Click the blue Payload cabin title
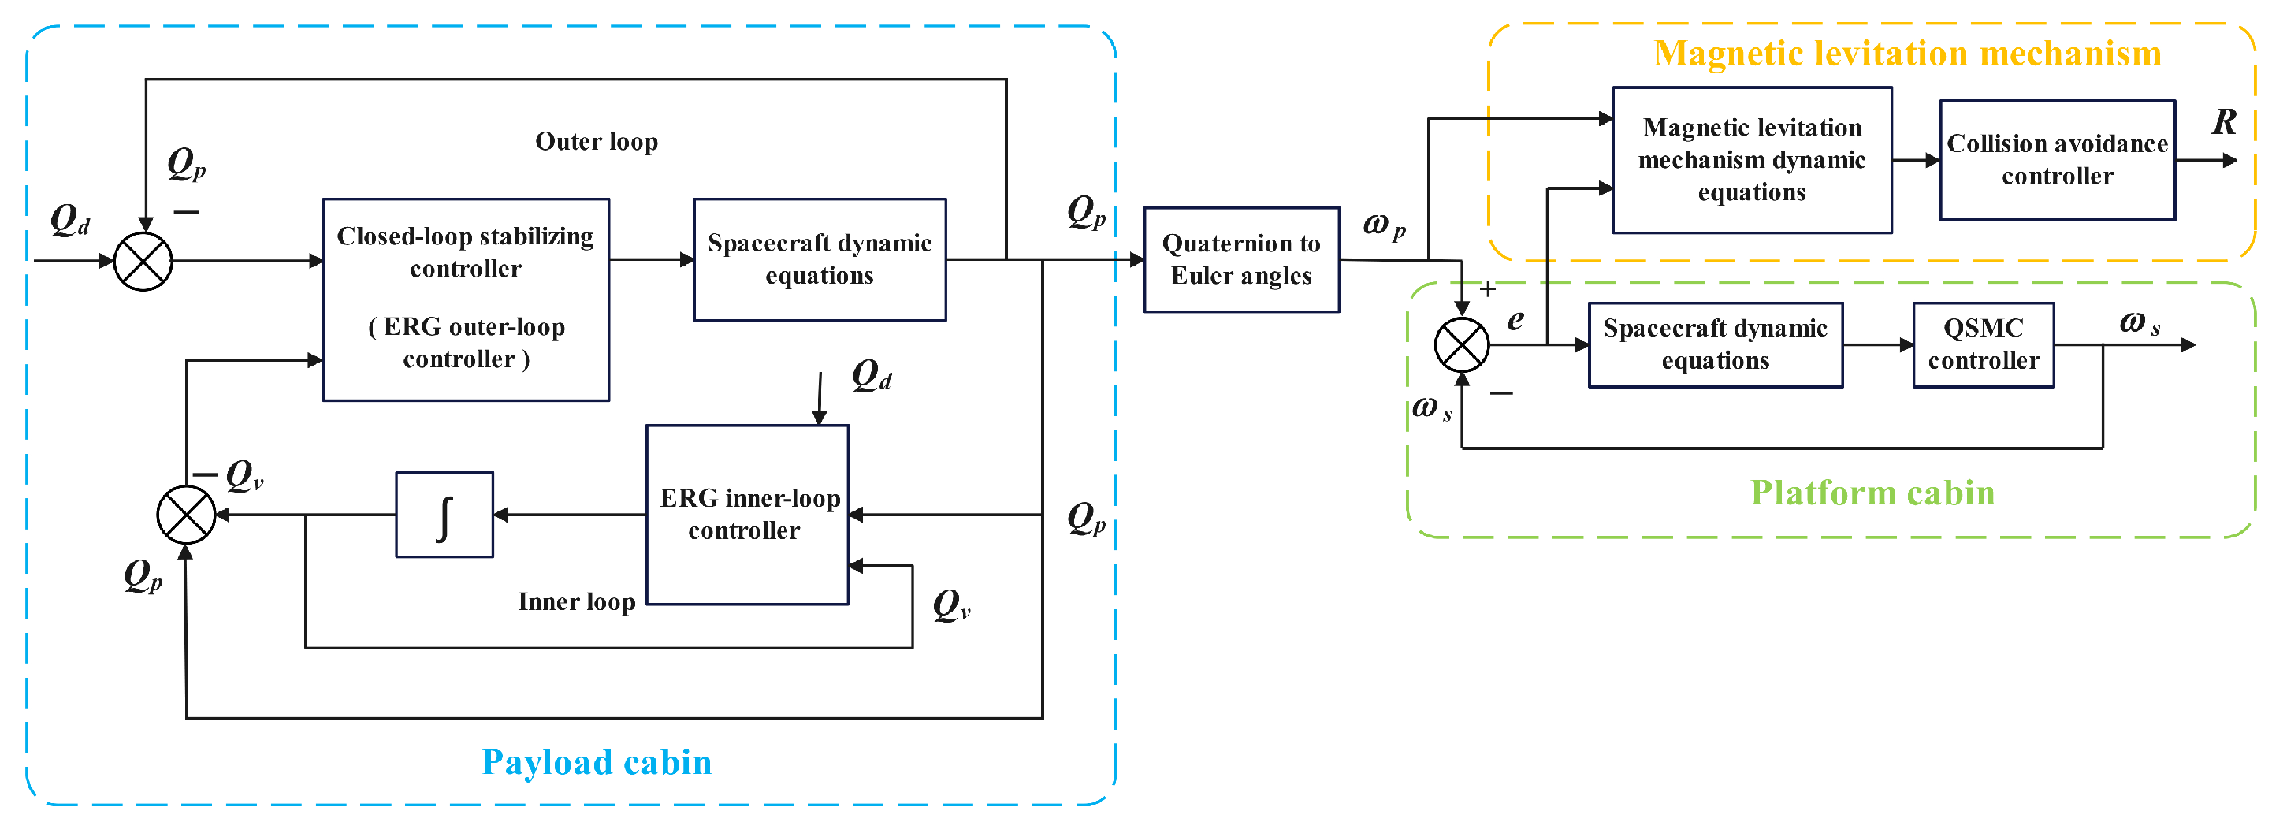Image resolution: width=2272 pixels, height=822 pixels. [597, 762]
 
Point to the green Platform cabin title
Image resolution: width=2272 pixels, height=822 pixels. [1872, 492]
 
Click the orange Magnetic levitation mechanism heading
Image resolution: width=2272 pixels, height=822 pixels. [1907, 53]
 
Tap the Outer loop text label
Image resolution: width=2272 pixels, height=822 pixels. [597, 141]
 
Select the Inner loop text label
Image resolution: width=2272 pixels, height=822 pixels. [576, 601]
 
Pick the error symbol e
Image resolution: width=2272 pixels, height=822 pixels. [1515, 319]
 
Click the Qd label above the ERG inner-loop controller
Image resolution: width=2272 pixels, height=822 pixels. [872, 375]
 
